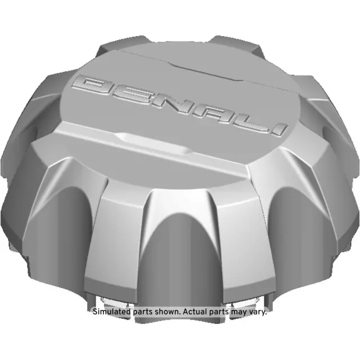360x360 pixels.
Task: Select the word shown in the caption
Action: click(x=168, y=311)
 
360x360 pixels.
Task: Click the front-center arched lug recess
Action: click(x=179, y=247)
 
